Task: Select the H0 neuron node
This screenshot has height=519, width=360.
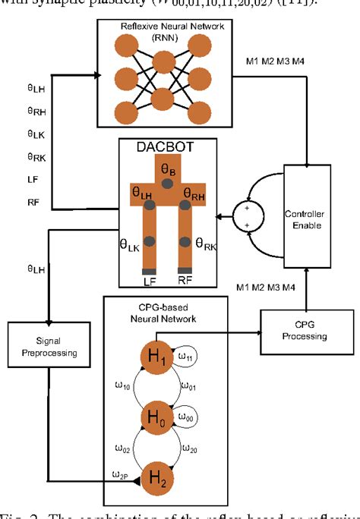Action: [x=157, y=418]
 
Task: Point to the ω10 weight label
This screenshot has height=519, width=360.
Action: [x=122, y=386]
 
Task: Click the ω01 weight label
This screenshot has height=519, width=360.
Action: [x=191, y=386]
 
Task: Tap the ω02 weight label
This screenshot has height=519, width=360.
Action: [x=122, y=448]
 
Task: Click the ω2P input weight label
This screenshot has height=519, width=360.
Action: [x=119, y=476]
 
